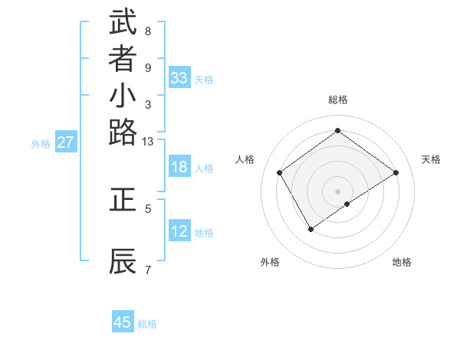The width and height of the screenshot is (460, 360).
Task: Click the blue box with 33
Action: [179, 78]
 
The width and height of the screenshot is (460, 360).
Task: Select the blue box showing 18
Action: [179, 168]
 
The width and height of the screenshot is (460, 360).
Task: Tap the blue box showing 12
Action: [179, 231]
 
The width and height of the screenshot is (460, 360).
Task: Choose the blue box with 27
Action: [66, 142]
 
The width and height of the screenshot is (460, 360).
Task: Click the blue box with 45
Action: [123, 323]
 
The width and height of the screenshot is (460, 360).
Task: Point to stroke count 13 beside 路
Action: [148, 142]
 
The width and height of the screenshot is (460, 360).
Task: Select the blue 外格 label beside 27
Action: [41, 143]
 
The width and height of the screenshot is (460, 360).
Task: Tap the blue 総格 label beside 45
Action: [147, 324]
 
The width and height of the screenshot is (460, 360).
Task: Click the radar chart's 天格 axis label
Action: [431, 159]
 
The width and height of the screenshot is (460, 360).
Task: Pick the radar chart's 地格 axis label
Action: [402, 263]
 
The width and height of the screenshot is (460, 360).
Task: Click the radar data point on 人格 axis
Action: [280, 172]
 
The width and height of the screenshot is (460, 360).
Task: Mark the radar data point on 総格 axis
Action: [337, 131]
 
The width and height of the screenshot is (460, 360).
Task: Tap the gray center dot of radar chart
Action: [337, 191]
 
